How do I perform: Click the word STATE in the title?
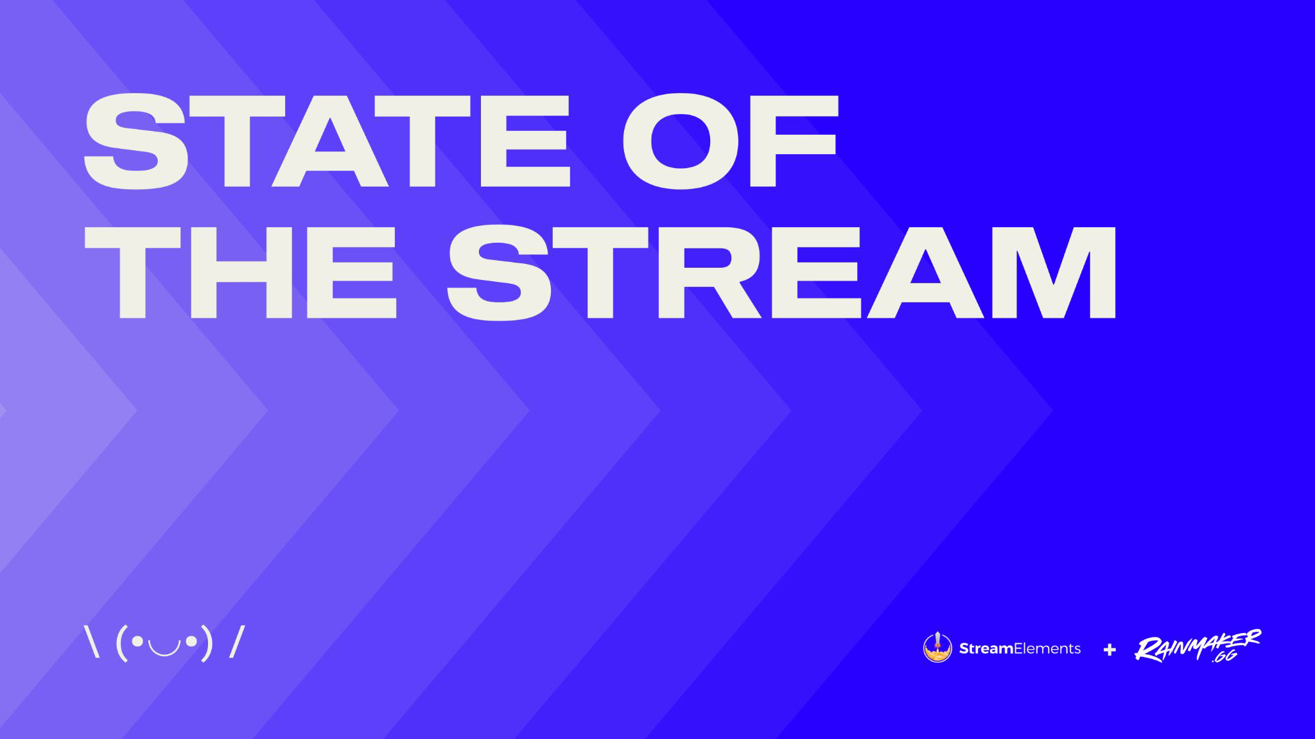327,140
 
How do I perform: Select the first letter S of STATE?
137,140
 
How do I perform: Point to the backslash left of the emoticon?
92,641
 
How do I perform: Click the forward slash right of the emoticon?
237,641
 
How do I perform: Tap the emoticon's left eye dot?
137,640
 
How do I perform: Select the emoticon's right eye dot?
191,640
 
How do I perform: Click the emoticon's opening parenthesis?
122,643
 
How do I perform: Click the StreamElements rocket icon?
937,648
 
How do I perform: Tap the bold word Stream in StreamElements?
986,648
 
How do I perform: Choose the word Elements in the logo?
1047,648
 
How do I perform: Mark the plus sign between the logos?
1110,650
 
